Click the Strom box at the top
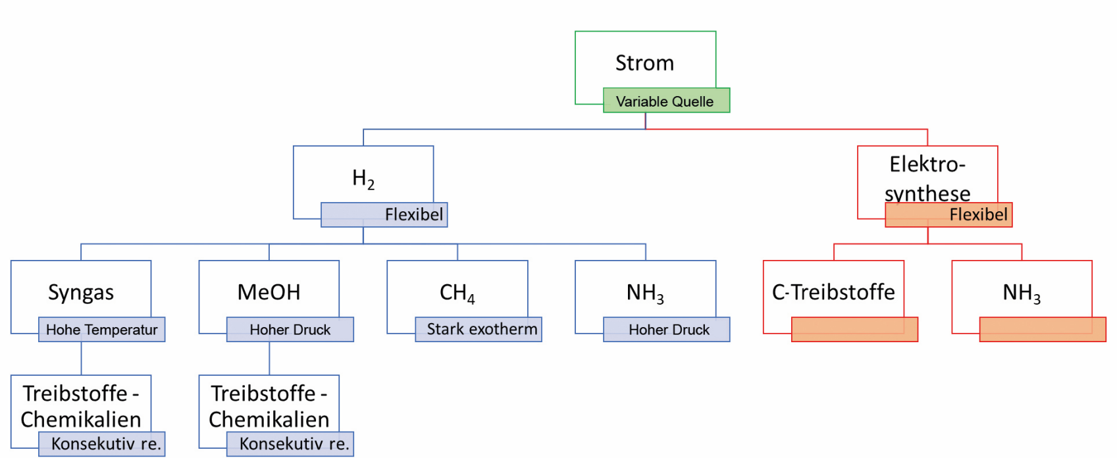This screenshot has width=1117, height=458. (645, 63)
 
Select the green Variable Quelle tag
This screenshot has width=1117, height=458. (666, 101)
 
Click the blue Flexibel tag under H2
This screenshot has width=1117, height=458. (384, 215)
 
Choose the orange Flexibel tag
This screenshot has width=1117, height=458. (948, 215)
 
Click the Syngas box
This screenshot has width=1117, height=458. (81, 292)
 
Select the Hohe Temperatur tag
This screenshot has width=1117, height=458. (102, 330)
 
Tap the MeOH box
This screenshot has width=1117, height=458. (269, 292)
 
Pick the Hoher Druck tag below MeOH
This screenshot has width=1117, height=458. (290, 330)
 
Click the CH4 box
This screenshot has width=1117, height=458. (457, 292)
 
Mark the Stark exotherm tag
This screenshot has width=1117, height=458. (479, 330)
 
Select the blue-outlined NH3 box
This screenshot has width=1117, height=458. (645, 292)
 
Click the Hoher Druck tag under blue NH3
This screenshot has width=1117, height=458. (666, 330)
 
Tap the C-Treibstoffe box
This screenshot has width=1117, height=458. (833, 292)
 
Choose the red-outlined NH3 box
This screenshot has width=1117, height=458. (1022, 292)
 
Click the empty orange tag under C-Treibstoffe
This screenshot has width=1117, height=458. (855, 330)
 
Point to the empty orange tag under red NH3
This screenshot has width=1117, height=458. (1043, 330)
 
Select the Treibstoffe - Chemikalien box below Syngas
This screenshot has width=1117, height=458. (81, 406)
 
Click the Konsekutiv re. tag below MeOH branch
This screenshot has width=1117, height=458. (290, 444)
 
